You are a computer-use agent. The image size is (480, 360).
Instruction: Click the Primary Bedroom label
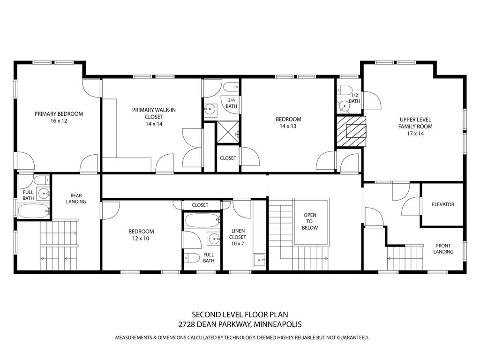click(59, 114)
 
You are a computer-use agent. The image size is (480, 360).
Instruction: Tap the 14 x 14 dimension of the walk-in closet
click(154, 124)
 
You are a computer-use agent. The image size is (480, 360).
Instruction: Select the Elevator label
click(443, 204)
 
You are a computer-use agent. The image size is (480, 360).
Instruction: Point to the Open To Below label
click(310, 221)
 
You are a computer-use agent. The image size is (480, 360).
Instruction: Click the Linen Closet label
click(238, 234)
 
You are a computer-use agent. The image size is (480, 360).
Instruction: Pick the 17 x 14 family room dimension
click(415, 134)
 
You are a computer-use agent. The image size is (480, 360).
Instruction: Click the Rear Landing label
click(76, 199)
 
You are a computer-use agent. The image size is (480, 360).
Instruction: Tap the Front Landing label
click(443, 248)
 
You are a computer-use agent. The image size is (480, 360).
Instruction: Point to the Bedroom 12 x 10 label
click(141, 235)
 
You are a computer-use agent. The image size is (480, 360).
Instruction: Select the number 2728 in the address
click(188, 324)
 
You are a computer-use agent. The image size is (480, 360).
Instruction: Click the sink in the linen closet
click(259, 259)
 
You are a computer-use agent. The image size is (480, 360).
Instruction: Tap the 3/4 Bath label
click(232, 103)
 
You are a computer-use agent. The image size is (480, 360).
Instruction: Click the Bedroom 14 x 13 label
click(288, 122)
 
